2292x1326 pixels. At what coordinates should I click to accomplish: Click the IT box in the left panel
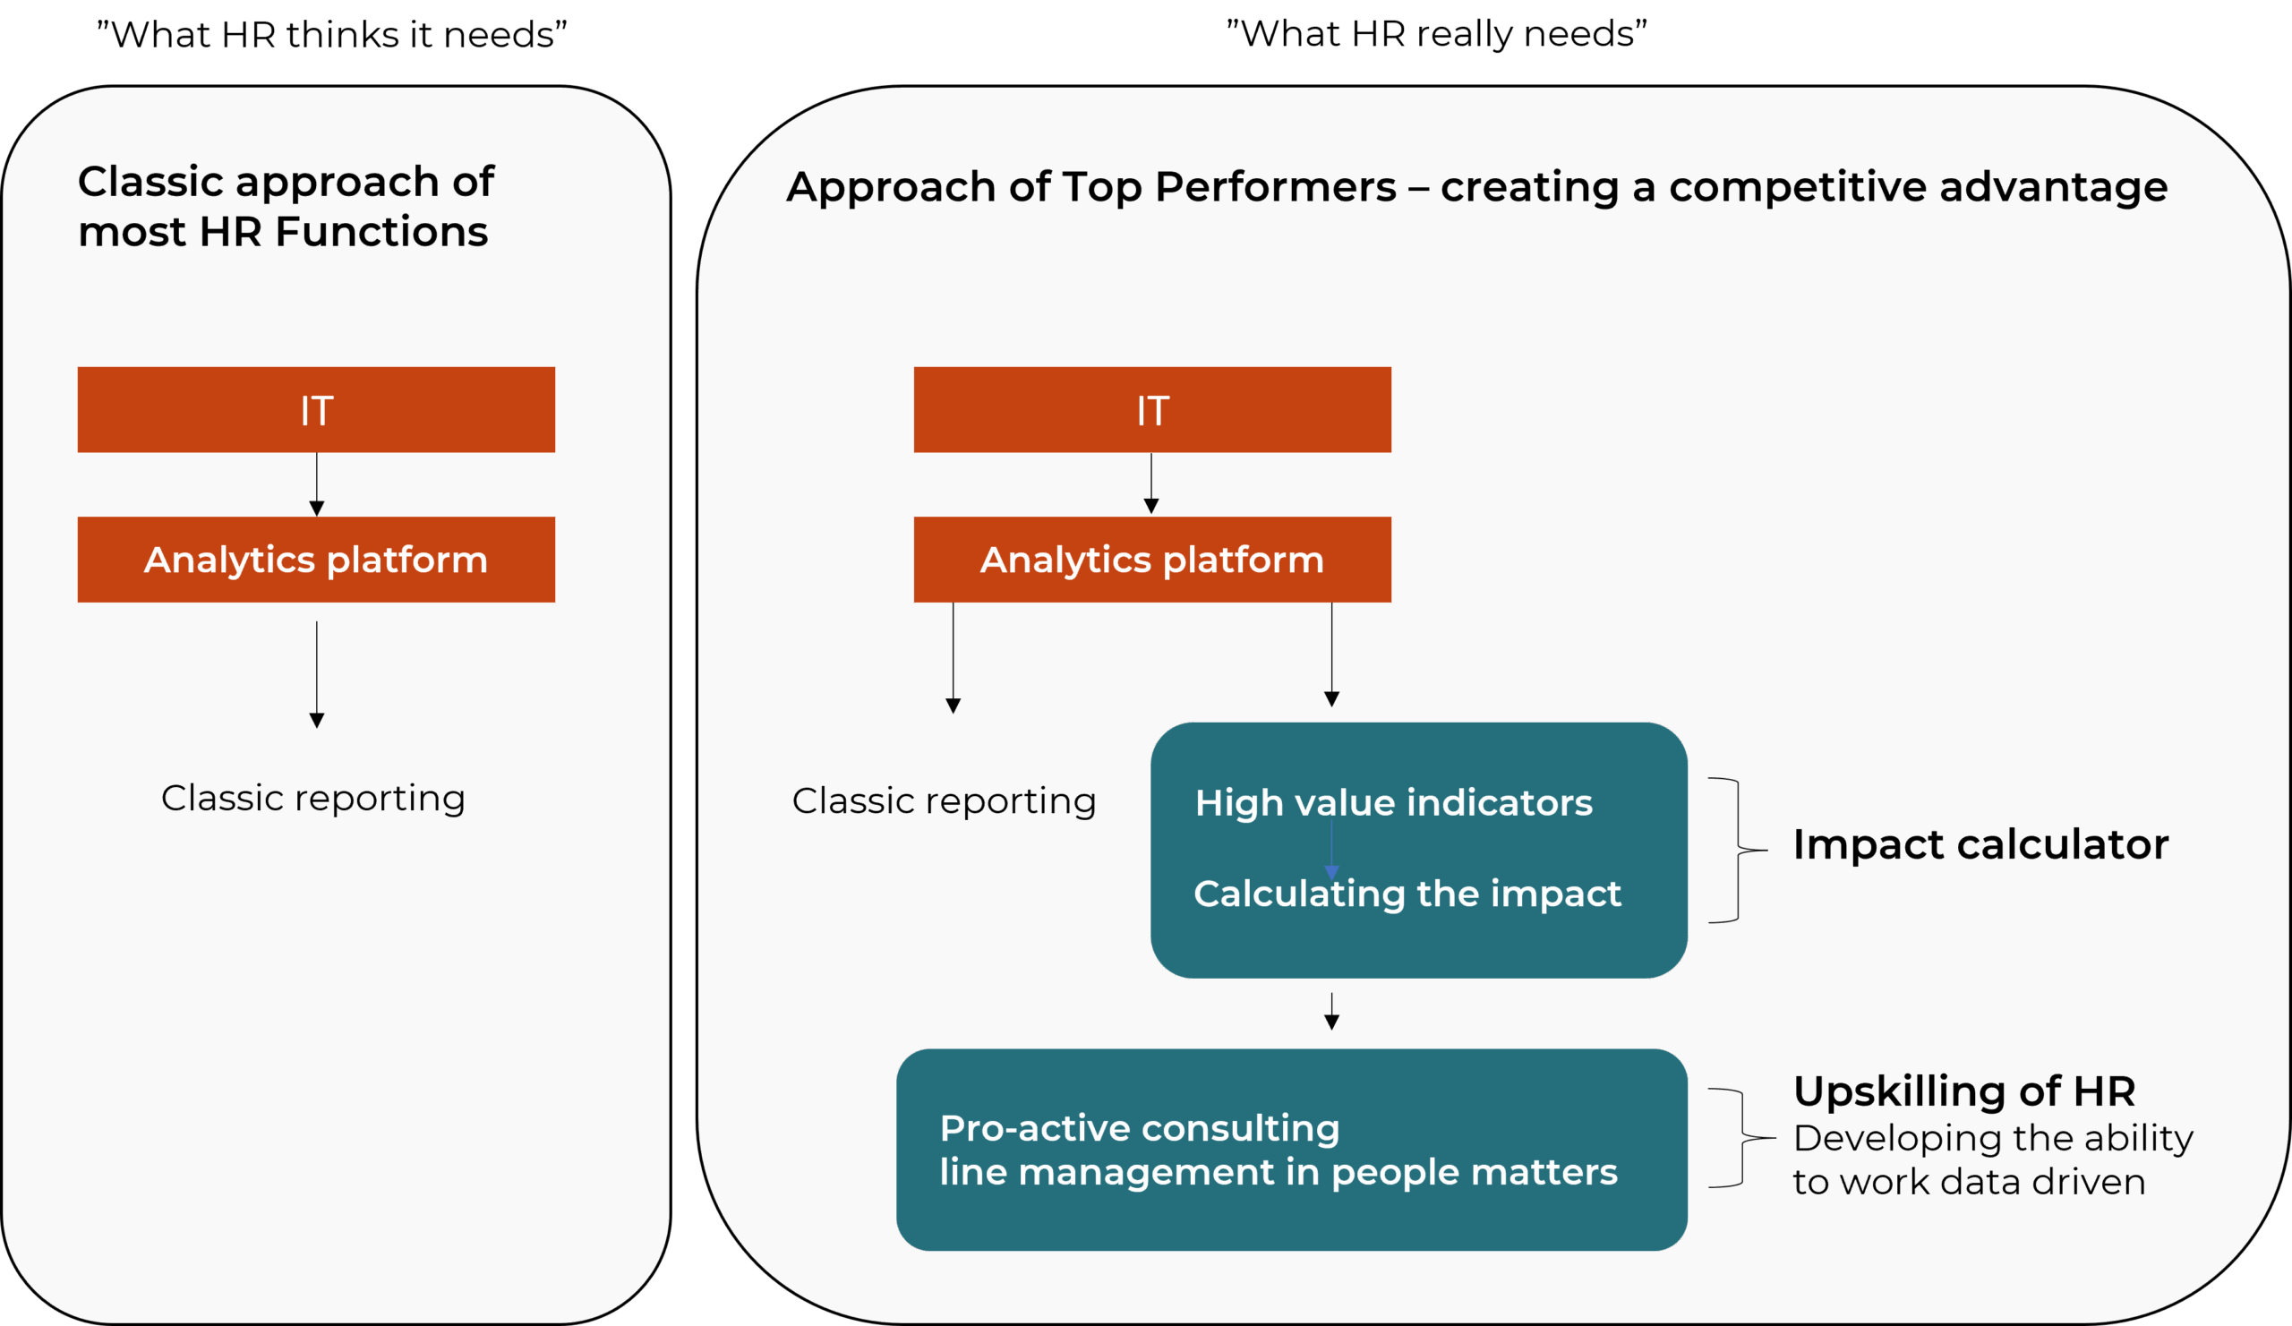[317, 409]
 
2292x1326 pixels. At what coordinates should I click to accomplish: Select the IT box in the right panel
[1152, 409]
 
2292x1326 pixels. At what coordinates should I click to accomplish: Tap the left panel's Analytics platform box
[317, 560]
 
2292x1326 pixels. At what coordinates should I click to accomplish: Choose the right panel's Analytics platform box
[1152, 560]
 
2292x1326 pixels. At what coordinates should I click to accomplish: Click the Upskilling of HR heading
[1964, 1091]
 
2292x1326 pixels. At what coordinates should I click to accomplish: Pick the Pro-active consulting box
[1292, 1150]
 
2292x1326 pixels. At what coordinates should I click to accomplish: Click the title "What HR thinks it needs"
[332, 35]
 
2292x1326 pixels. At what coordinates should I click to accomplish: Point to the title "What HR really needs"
[1437, 34]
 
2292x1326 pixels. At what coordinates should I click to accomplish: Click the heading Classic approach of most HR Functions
[286, 207]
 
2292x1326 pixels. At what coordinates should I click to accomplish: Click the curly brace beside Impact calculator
[1738, 851]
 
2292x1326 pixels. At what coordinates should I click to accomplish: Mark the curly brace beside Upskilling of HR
[1742, 1138]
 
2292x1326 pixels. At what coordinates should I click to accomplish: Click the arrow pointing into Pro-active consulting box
[1331, 1012]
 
